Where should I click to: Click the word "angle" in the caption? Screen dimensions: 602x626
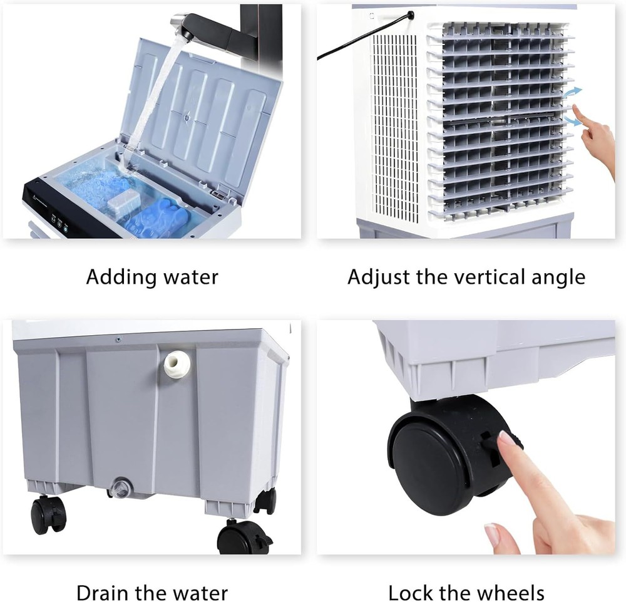(558, 278)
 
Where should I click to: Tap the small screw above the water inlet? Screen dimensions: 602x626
(117, 339)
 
